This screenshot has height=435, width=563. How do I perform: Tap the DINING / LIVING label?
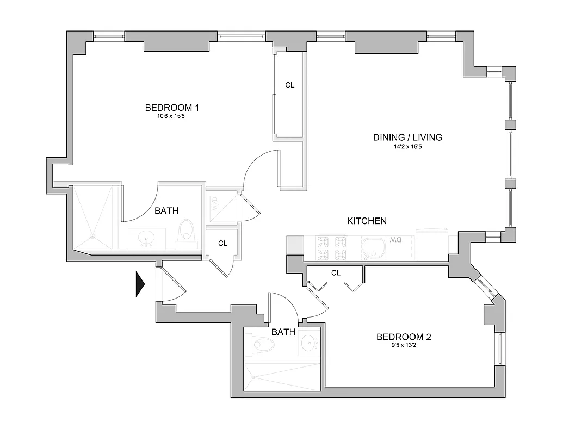coord(407,137)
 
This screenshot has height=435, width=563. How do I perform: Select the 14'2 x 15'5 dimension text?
coord(407,146)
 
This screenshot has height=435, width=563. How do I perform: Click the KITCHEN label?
coord(367,221)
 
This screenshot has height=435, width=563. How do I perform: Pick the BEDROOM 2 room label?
coord(404,337)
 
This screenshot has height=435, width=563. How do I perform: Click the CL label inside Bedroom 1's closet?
coord(290,85)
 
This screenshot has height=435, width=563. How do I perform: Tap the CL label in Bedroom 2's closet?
coord(336,273)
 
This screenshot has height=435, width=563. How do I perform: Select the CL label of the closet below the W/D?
coord(222,244)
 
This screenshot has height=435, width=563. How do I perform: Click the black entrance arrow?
coord(140,285)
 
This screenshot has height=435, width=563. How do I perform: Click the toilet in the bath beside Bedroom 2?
coord(263,344)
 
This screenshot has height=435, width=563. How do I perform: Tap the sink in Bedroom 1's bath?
coord(146,238)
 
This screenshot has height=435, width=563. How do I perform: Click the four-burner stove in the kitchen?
coord(332,247)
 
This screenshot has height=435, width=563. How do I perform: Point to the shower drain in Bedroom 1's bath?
coord(92,237)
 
